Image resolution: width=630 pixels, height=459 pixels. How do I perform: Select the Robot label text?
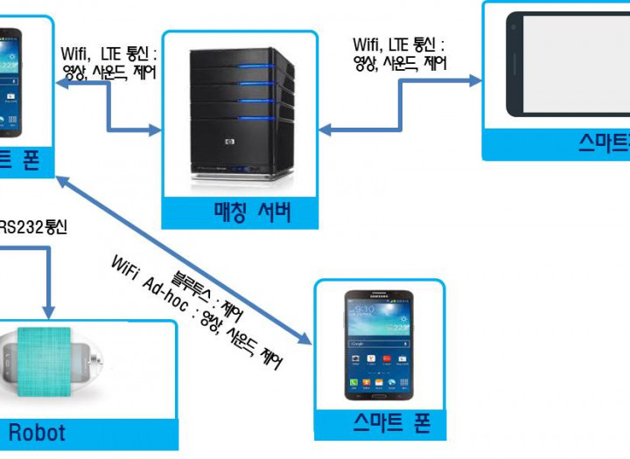[37, 431]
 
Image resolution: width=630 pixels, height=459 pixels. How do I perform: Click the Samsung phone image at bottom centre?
[379, 341]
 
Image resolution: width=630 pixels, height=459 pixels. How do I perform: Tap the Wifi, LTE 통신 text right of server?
[399, 44]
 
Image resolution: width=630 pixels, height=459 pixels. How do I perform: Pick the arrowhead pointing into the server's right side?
[324, 130]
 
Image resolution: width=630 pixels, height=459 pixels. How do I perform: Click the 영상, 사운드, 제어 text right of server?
[399, 63]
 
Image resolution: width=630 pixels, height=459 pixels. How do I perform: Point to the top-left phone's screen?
[12, 83]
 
